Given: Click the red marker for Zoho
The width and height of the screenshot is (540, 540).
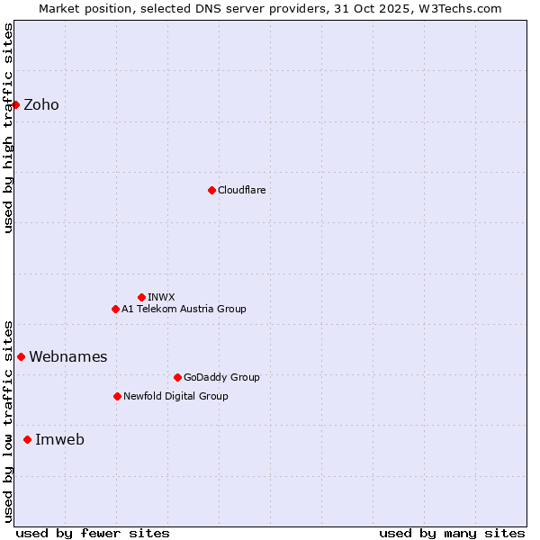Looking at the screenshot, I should tap(15, 104).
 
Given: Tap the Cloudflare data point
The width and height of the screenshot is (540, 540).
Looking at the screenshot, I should tap(211, 190).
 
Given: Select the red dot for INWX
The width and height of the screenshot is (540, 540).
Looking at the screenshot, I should tap(141, 297).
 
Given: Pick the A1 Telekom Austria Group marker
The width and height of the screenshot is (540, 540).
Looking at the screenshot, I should tap(115, 309).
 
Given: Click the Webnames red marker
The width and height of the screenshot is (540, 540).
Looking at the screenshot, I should tap(21, 356).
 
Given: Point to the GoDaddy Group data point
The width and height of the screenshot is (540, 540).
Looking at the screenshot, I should tap(177, 377).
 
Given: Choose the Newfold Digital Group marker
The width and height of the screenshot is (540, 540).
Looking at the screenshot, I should tap(117, 396).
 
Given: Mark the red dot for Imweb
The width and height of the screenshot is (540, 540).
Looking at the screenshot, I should tap(27, 439).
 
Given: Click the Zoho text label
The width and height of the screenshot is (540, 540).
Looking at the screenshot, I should tap(41, 104).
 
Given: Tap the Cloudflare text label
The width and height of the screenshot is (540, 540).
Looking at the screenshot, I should tap(242, 190).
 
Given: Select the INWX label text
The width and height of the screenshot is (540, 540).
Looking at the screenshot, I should tap(162, 297).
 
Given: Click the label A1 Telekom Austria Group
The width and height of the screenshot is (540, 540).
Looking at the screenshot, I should tap(184, 309).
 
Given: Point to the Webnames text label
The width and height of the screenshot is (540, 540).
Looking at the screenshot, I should tap(68, 356).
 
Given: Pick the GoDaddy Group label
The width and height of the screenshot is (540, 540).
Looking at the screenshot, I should tap(221, 377).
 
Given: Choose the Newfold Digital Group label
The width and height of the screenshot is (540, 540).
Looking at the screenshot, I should tap(175, 396).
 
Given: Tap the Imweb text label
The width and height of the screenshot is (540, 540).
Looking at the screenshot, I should tap(59, 439).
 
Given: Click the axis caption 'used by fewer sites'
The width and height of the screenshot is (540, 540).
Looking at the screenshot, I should tap(93, 533).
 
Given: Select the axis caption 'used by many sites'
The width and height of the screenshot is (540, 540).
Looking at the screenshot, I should tap(452, 533).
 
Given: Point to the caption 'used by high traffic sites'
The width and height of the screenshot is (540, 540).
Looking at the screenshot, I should tap(9, 128).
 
